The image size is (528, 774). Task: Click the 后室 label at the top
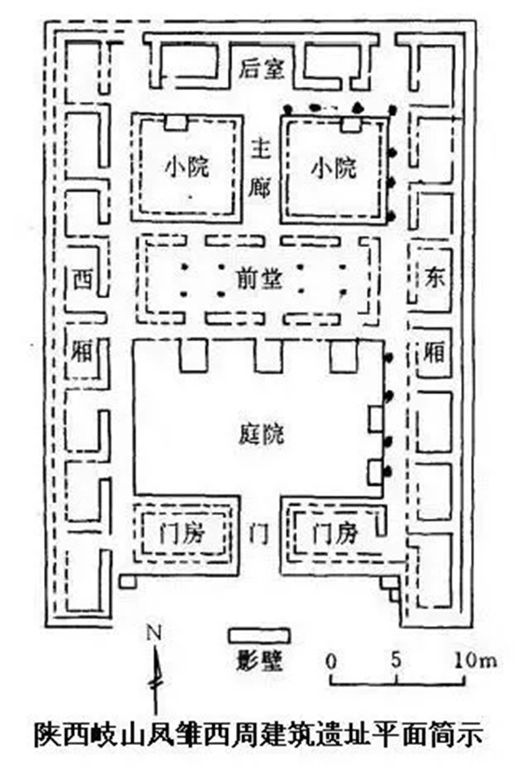[x=261, y=69]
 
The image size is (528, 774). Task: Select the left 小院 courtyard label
[x=187, y=167]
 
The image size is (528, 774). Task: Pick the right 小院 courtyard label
[x=334, y=168]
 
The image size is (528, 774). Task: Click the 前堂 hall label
[x=260, y=280]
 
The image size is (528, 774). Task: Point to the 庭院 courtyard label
[x=261, y=434]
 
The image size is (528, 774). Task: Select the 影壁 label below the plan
[x=260, y=659]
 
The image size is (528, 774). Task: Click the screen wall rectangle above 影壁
[x=259, y=636]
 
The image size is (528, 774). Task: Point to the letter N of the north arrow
[x=155, y=632]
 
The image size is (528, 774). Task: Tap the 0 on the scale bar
[x=332, y=661]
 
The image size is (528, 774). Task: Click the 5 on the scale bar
[x=397, y=660]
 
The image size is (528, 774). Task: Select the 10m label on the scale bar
[x=475, y=660]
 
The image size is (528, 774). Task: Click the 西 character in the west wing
[x=83, y=280]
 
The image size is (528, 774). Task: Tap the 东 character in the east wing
[x=435, y=276]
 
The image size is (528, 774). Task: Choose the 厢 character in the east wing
[x=435, y=352]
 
